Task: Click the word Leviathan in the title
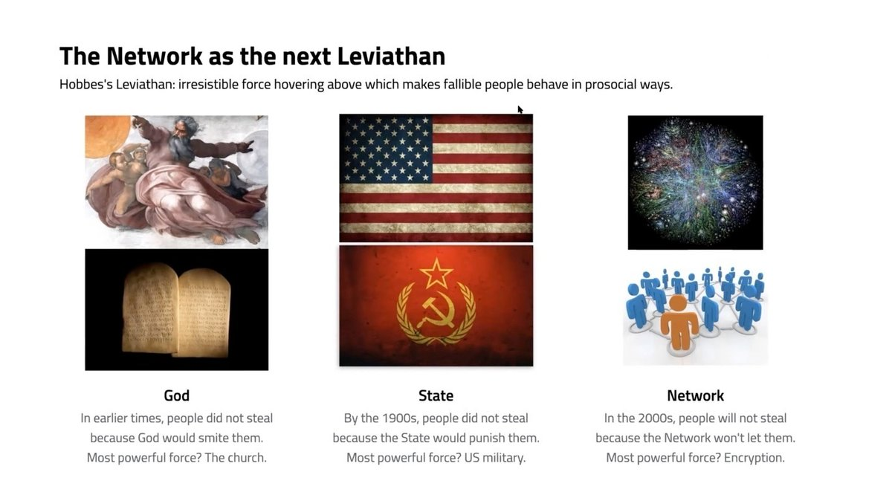[x=391, y=56]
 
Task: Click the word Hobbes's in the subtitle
[x=86, y=85]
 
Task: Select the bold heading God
[x=176, y=395]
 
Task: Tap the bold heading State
[x=436, y=395]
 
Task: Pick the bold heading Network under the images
[x=695, y=395]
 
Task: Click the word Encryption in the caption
[x=754, y=458]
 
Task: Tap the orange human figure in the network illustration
[x=679, y=322]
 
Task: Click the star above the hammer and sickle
[x=436, y=273]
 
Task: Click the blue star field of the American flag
[x=387, y=149]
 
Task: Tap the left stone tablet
[x=150, y=307]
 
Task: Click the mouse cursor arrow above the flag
[x=520, y=109]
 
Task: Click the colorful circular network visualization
[x=695, y=181]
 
